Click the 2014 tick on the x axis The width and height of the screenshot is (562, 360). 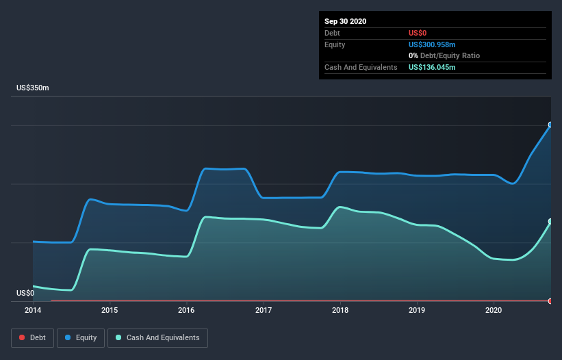pos(33,310)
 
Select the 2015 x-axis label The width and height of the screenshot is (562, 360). pos(110,310)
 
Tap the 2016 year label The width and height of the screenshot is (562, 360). pos(186,310)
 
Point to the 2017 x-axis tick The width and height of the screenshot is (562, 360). pos(264,310)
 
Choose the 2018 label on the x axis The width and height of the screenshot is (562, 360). pos(340,310)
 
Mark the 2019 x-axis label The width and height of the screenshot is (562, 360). pos(417,310)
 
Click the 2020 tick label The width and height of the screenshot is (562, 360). pos(494,310)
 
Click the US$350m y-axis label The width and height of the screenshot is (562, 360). pos(33,88)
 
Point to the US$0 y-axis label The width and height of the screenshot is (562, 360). pos(25,293)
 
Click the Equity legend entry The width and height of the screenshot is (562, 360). pos(81,337)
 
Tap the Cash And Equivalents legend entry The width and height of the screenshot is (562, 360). pos(157,337)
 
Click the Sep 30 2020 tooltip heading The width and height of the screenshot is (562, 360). pos(345,21)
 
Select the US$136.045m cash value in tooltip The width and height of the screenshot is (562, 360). pos(432,67)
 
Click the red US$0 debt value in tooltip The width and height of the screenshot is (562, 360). pos(418,33)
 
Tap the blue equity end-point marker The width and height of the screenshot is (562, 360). pos(550,125)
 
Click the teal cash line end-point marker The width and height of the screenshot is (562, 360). pos(550,222)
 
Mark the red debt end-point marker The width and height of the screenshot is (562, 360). pos(550,300)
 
